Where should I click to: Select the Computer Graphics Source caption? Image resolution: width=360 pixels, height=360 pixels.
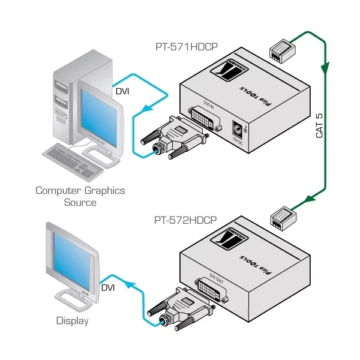pos(80,196)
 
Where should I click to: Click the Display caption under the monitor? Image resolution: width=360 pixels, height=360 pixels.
pos(72,321)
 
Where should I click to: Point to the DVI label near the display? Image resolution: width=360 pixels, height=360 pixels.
pos(108,289)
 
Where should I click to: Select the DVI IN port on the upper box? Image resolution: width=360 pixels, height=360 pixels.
pos(209,116)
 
